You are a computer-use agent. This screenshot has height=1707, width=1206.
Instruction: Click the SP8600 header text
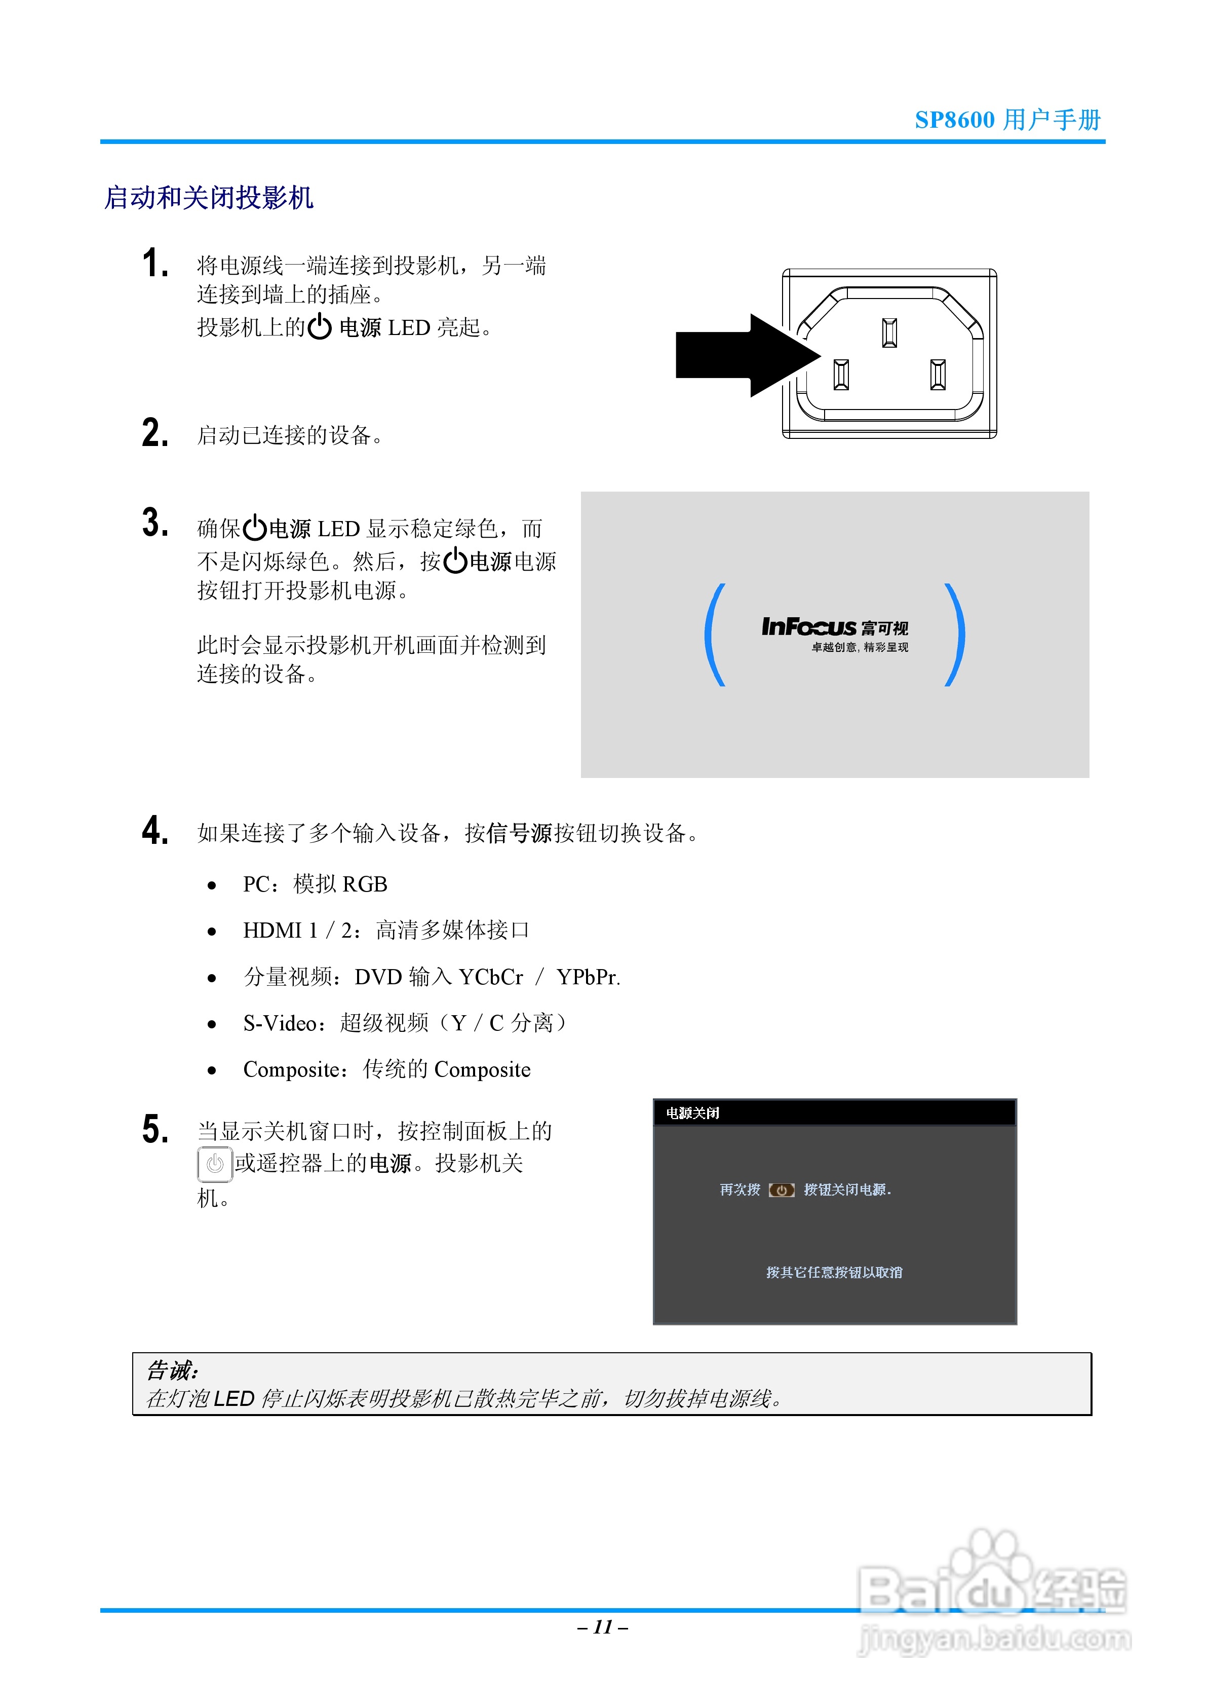click(954, 120)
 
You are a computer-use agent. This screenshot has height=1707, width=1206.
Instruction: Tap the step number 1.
click(154, 264)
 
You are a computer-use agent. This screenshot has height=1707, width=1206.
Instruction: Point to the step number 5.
click(154, 1129)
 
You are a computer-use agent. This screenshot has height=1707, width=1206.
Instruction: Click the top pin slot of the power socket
click(889, 332)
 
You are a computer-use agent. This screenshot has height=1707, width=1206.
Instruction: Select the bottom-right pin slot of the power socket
click(938, 374)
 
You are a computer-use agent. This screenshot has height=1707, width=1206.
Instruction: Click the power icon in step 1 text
click(320, 327)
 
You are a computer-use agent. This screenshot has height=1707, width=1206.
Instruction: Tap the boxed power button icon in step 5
click(215, 1164)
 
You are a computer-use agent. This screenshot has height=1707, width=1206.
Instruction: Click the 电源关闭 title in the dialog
click(692, 1113)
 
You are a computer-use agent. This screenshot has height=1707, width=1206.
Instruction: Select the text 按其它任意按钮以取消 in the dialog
click(834, 1272)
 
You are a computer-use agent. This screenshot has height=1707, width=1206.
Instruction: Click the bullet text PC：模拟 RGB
click(315, 884)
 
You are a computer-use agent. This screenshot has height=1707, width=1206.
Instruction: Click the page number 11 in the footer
click(603, 1627)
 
